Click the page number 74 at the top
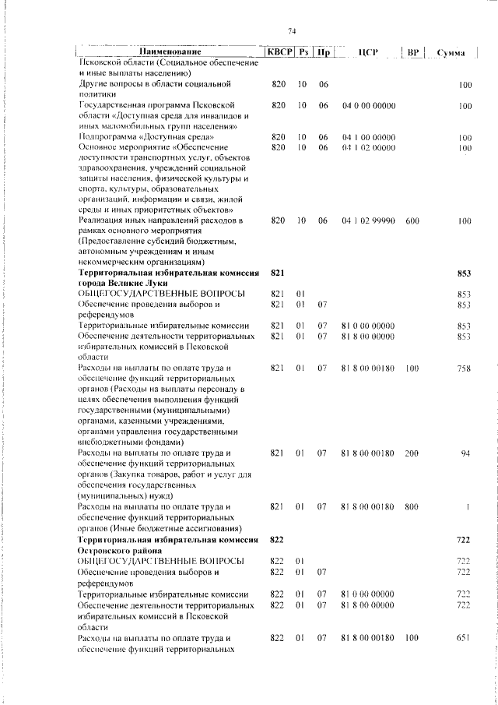point(293,30)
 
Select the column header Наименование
point(169,52)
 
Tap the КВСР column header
point(279,52)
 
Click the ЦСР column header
point(368,52)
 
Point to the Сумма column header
point(451,53)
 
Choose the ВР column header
point(413,52)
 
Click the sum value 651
point(464,638)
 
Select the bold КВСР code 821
point(278,273)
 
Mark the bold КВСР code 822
point(278,539)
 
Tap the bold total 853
point(465,273)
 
